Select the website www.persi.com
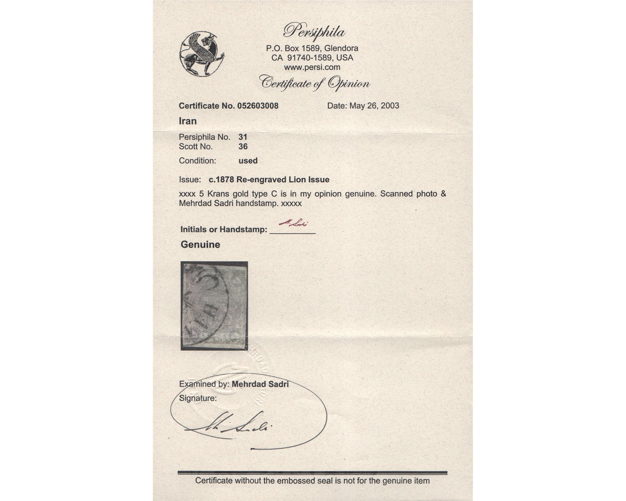pos(312,67)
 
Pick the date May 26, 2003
pos(374,106)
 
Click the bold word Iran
pos(187,121)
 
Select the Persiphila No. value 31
pos(243,137)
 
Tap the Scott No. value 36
pos(243,147)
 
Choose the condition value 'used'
pos(248,161)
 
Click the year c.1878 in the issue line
pos(221,180)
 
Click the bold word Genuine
pos(200,245)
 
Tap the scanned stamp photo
pos(214,306)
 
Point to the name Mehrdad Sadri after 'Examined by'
pos(260,384)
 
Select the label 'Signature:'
pos(198,398)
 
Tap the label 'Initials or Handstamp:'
pos(224,230)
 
